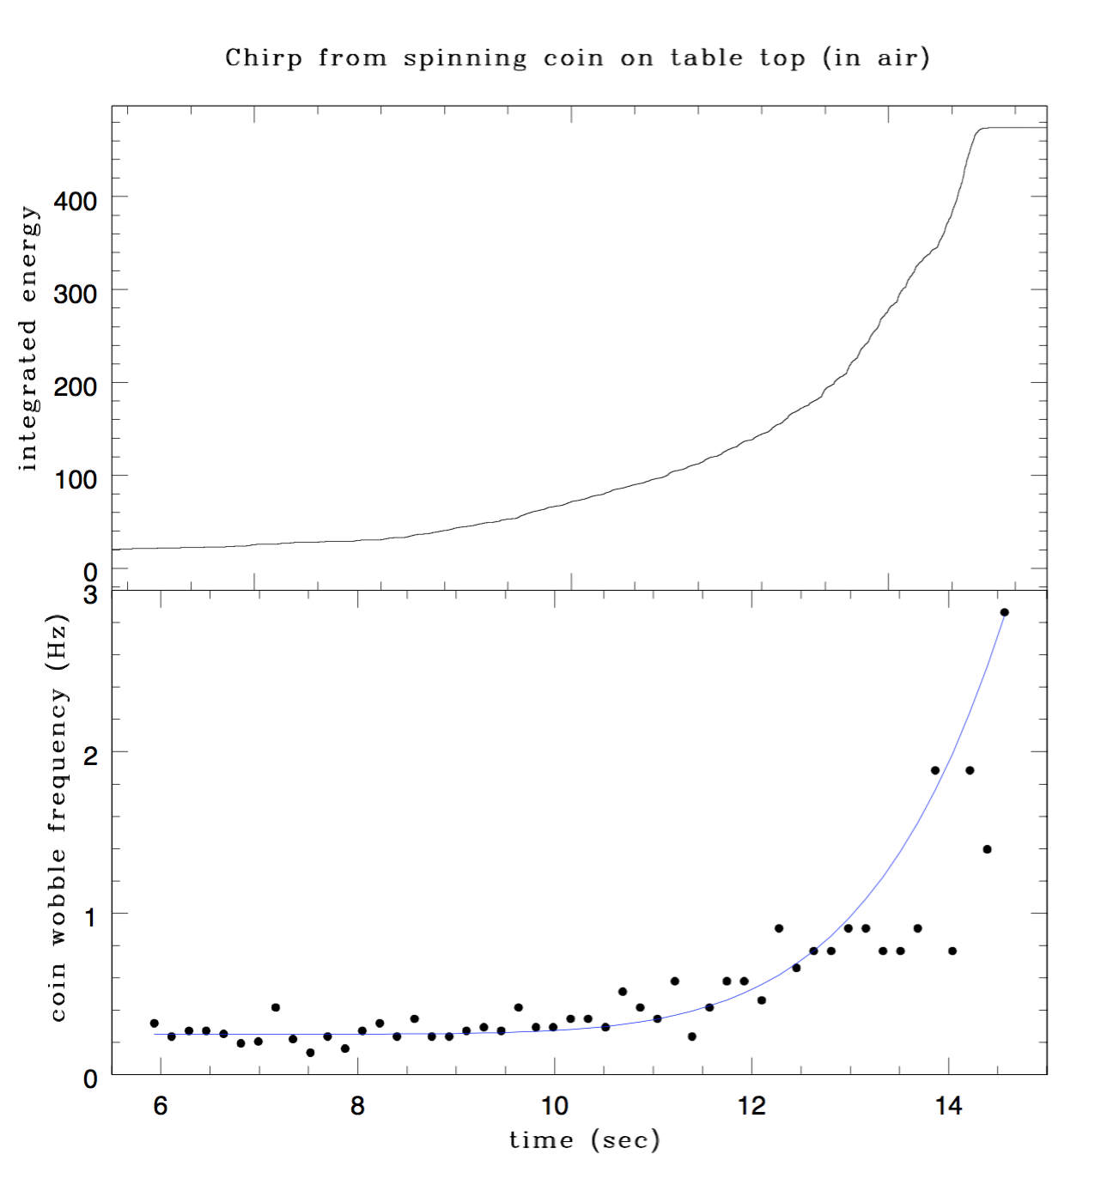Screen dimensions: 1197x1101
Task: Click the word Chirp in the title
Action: [263, 58]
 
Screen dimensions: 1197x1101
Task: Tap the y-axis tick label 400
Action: [76, 202]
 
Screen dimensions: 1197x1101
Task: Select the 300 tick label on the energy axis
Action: [76, 295]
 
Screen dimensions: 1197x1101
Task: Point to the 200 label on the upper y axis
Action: [76, 387]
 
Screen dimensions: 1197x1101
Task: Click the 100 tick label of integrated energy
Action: [76, 480]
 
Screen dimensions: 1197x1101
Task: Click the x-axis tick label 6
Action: [161, 1106]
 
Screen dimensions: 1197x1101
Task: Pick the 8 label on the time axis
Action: [357, 1106]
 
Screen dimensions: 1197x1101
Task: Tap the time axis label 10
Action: [554, 1106]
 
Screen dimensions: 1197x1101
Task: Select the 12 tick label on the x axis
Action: [751, 1106]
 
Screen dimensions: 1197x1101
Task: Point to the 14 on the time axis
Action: [948, 1106]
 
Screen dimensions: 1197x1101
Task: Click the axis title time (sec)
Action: [584, 1140]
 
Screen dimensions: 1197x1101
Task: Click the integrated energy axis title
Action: [28, 338]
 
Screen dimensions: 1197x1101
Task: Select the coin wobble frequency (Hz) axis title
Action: [57, 817]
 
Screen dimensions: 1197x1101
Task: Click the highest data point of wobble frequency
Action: [1004, 612]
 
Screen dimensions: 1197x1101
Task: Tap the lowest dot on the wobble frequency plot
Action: [310, 1053]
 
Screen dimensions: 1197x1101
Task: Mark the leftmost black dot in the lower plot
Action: [154, 1024]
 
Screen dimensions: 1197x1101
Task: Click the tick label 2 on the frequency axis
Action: [90, 756]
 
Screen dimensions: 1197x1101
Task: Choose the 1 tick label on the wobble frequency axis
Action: [90, 917]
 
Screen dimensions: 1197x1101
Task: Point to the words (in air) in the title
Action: [876, 58]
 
